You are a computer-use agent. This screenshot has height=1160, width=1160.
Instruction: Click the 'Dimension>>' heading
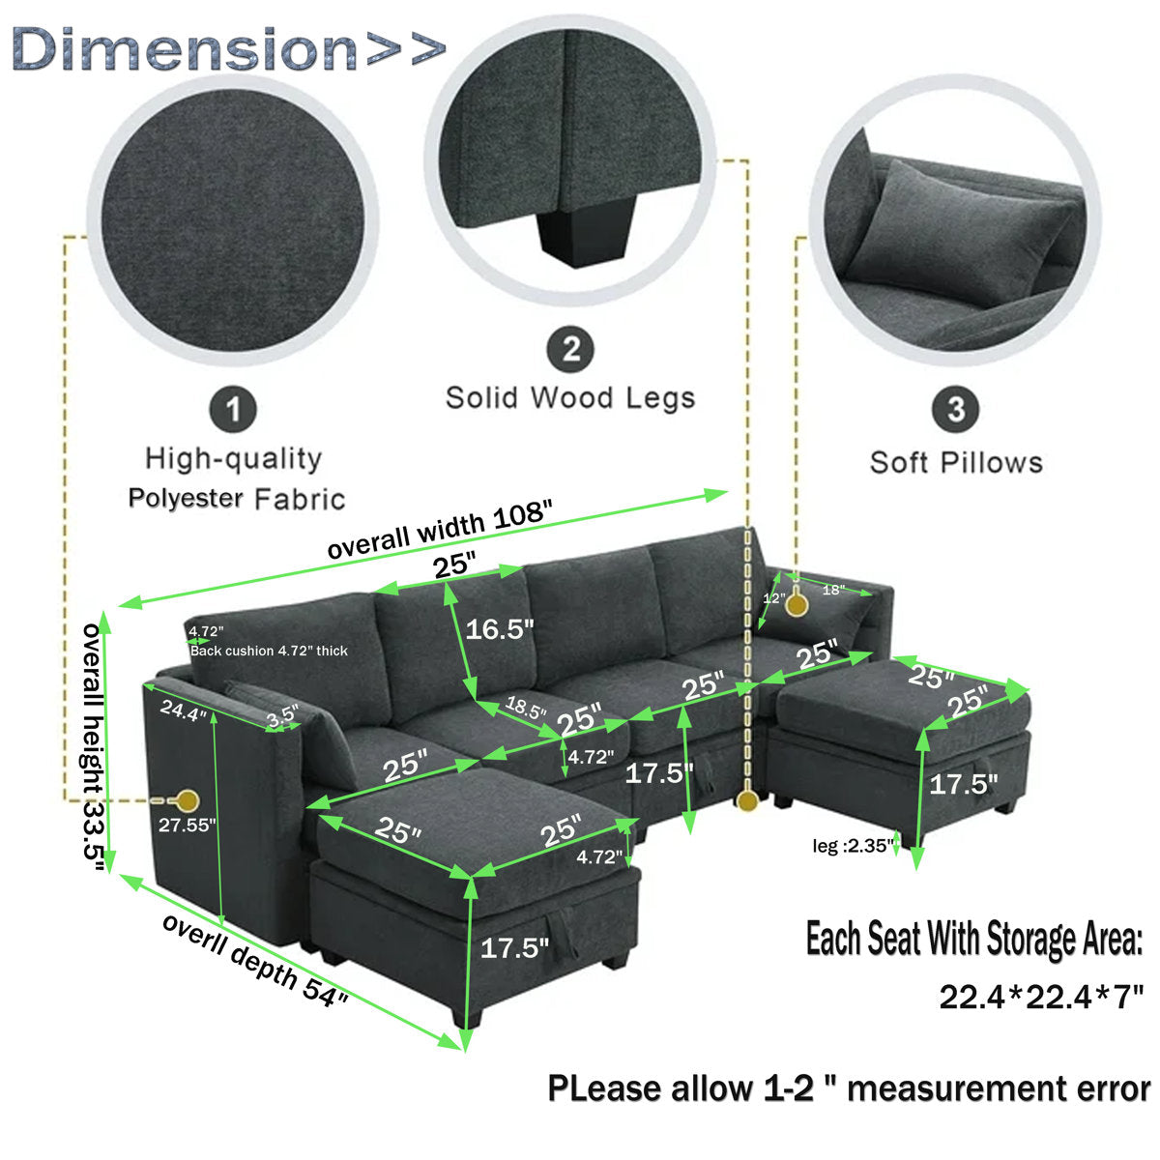point(229,48)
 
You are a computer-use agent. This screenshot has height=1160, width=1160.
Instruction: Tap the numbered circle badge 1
point(233,409)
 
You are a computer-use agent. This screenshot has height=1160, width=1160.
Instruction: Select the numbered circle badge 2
point(570,348)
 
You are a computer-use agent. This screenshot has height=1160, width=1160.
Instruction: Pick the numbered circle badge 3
point(955,409)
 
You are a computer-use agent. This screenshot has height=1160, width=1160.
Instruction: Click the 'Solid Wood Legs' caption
point(570,397)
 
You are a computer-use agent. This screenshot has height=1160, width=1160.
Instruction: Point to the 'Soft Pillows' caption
point(956,462)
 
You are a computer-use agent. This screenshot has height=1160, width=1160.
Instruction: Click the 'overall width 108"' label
point(444,532)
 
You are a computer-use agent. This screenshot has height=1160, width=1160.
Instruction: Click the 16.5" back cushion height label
point(500,630)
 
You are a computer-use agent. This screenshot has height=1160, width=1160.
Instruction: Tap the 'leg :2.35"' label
point(850,846)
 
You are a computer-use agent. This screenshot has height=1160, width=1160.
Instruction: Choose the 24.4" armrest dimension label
point(184,713)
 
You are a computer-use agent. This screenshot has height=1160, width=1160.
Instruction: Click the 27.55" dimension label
point(188,825)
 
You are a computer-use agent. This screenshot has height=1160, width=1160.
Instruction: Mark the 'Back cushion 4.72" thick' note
point(269,651)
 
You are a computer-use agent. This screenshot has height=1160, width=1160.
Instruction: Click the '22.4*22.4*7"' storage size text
point(1041,995)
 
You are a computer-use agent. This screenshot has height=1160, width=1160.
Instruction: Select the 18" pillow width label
point(833,589)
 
